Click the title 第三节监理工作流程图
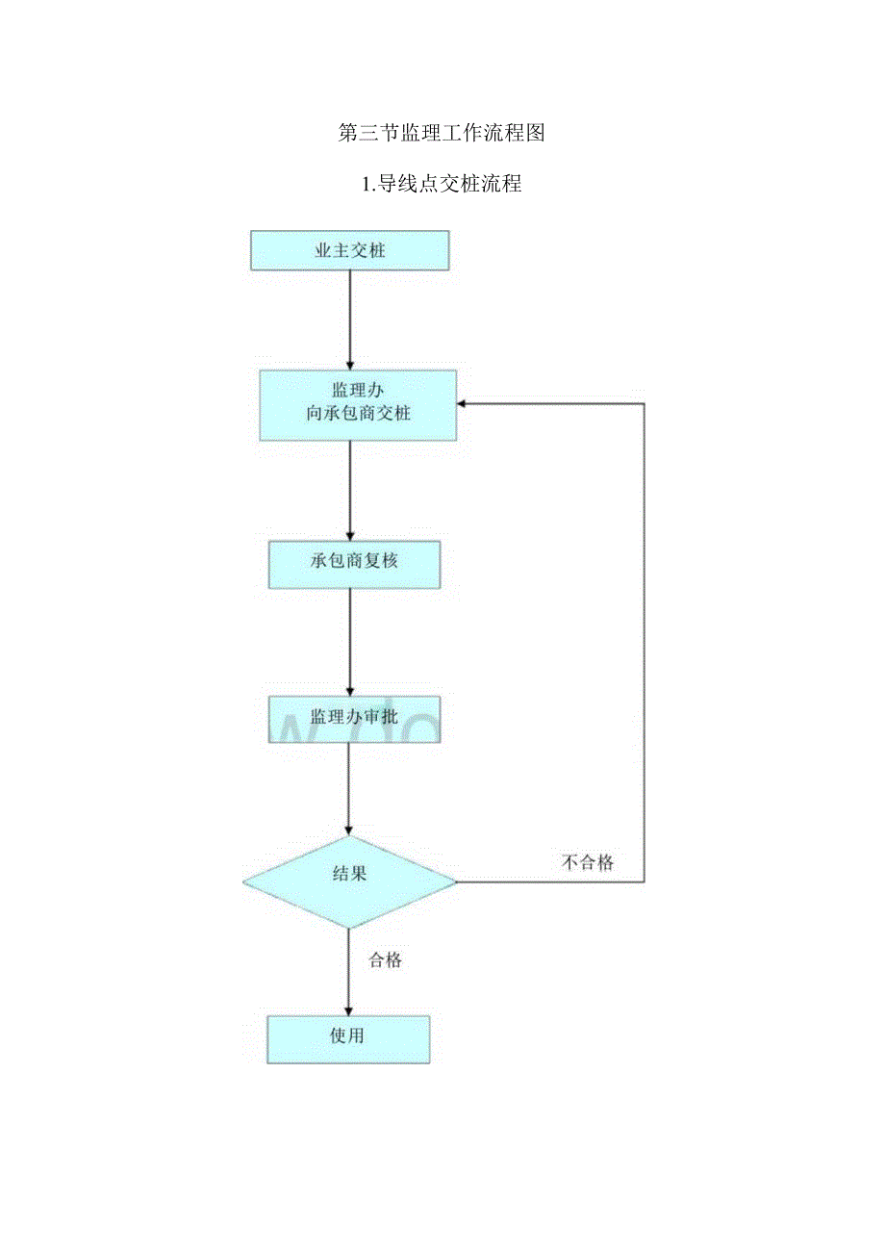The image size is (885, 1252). point(442,134)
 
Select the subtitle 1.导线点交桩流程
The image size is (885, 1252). point(442,184)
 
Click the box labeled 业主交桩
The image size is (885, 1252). point(350,250)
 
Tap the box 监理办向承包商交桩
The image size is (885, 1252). point(358,404)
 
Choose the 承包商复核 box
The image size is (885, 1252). point(354,564)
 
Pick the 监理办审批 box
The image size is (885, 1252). point(354,719)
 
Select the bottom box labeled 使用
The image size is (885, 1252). point(348,1039)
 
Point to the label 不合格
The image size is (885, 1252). point(587,862)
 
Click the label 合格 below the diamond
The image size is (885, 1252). point(385,959)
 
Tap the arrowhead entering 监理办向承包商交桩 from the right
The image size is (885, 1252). point(463,404)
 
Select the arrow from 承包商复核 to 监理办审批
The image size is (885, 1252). point(350,642)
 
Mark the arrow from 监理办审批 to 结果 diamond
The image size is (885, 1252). point(350,789)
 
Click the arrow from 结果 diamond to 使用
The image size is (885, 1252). point(349,972)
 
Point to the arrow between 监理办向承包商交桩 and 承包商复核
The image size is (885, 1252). point(350,491)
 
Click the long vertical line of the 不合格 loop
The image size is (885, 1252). point(644,635)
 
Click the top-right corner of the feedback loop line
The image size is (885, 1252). point(644,404)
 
